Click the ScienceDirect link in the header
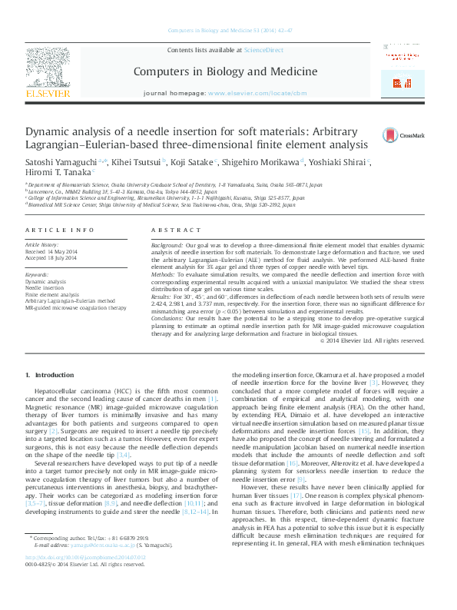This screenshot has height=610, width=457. (263, 50)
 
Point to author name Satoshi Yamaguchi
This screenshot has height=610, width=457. (53, 162)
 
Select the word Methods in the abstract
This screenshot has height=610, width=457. (164, 273)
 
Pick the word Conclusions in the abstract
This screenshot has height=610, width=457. (168, 317)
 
